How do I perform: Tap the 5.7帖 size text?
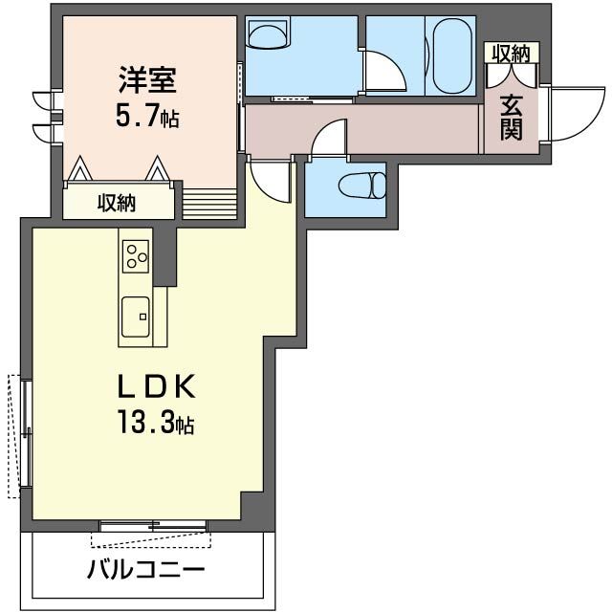[146, 118]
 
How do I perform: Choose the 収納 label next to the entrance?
[511, 54]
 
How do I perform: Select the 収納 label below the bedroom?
[117, 203]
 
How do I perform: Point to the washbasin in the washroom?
[267, 35]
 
